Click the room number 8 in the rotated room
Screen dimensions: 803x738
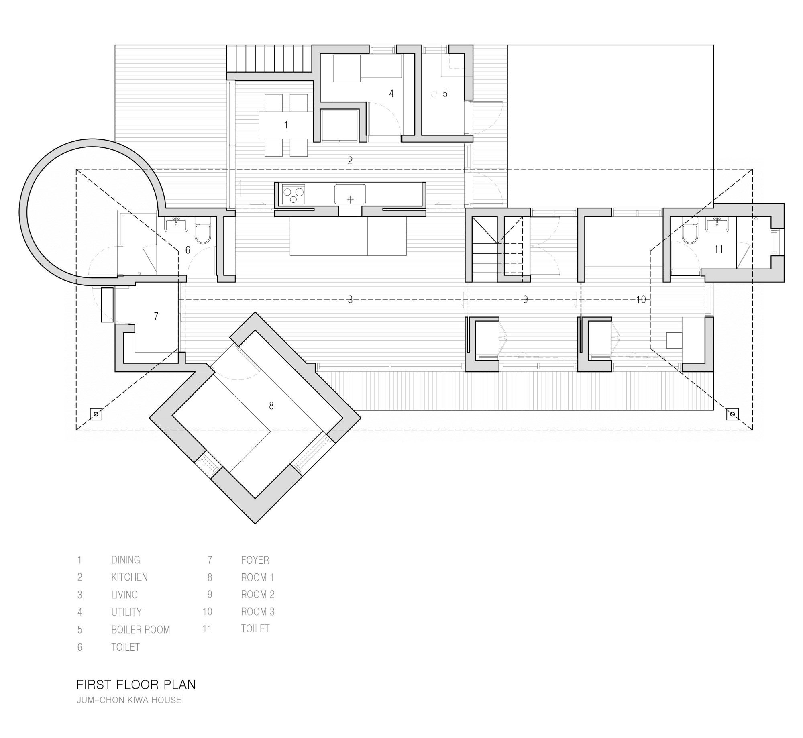tap(271, 406)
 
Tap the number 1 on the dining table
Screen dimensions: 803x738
tap(286, 125)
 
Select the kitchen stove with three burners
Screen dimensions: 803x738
tap(294, 195)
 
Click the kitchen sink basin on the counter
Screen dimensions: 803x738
tap(350, 194)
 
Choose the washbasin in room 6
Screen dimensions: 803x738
tap(176, 225)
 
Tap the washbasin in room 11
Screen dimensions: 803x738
tap(717, 225)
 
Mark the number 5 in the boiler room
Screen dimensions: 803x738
tap(445, 94)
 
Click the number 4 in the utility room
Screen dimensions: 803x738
tap(391, 94)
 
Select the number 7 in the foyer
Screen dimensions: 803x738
tap(156, 316)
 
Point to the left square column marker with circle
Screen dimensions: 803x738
tap(96, 414)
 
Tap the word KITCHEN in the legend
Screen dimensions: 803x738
tap(129, 577)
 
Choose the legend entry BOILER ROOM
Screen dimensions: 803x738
tap(141, 629)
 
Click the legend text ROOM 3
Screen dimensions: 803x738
tap(258, 612)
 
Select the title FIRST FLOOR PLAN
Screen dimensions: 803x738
tap(136, 684)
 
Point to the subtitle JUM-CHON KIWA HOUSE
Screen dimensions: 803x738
tap(129, 700)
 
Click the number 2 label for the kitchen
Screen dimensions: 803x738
tap(350, 161)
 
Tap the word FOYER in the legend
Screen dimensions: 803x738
tap(255, 560)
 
